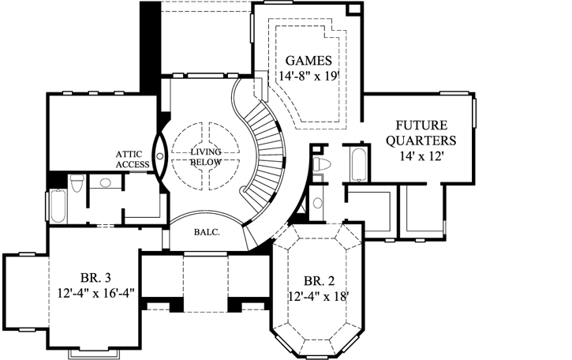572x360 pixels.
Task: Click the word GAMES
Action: coord(307,60)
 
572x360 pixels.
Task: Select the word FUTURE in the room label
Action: coord(421,126)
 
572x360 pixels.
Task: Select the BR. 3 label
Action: coord(95,276)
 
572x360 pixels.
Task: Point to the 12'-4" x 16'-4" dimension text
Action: coord(95,292)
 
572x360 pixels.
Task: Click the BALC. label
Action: coord(206,233)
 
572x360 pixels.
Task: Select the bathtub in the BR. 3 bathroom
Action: coord(58,207)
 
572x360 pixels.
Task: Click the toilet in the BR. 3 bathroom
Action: coord(76,184)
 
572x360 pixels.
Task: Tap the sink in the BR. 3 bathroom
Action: coord(105,183)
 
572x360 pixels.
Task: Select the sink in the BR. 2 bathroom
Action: coord(317,203)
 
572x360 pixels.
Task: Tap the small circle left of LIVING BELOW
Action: coord(160,156)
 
